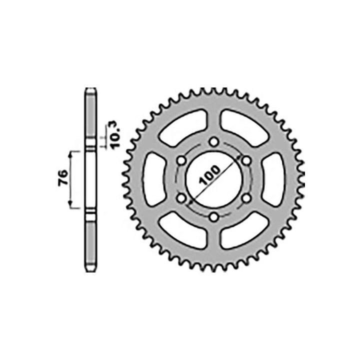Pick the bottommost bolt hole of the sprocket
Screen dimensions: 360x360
(x=214, y=216)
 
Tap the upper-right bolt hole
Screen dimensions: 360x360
(x=246, y=161)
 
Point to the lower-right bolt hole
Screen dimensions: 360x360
(x=246, y=198)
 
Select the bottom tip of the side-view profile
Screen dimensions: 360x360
(x=90, y=270)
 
